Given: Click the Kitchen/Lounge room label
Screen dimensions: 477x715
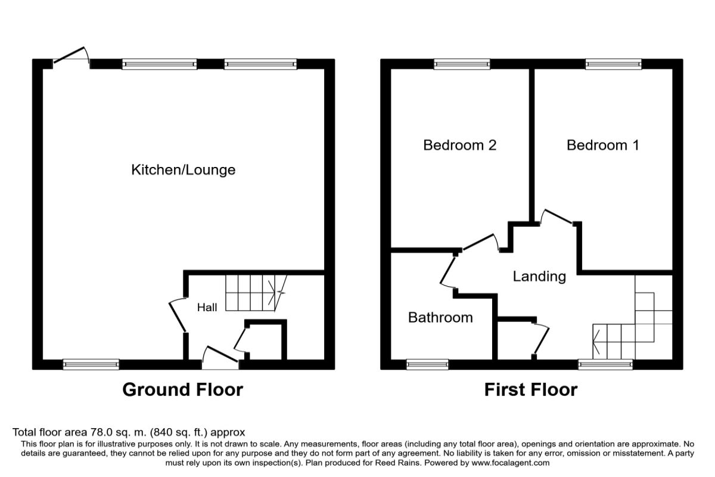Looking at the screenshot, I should (183, 170).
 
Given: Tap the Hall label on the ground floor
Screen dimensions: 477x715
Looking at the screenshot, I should (207, 308).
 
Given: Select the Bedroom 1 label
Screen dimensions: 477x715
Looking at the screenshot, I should (602, 145).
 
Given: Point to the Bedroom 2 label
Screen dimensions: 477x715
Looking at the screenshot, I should (459, 145).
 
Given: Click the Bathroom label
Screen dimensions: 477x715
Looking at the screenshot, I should (440, 317).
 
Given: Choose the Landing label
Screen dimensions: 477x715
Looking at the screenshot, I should (539, 276).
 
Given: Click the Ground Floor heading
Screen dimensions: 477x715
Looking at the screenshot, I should (182, 390).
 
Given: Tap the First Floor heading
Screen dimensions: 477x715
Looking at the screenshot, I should (530, 390).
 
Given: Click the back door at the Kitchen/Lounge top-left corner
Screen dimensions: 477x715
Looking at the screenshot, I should (71, 57).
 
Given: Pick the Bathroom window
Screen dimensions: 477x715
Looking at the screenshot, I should (427, 364).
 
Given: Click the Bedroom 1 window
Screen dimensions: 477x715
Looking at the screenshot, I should (613, 64).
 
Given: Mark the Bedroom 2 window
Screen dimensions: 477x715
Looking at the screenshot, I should (462, 64).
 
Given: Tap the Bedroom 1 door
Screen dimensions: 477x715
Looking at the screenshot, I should (557, 218).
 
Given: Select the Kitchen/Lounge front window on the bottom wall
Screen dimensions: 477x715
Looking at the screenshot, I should (91, 364).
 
